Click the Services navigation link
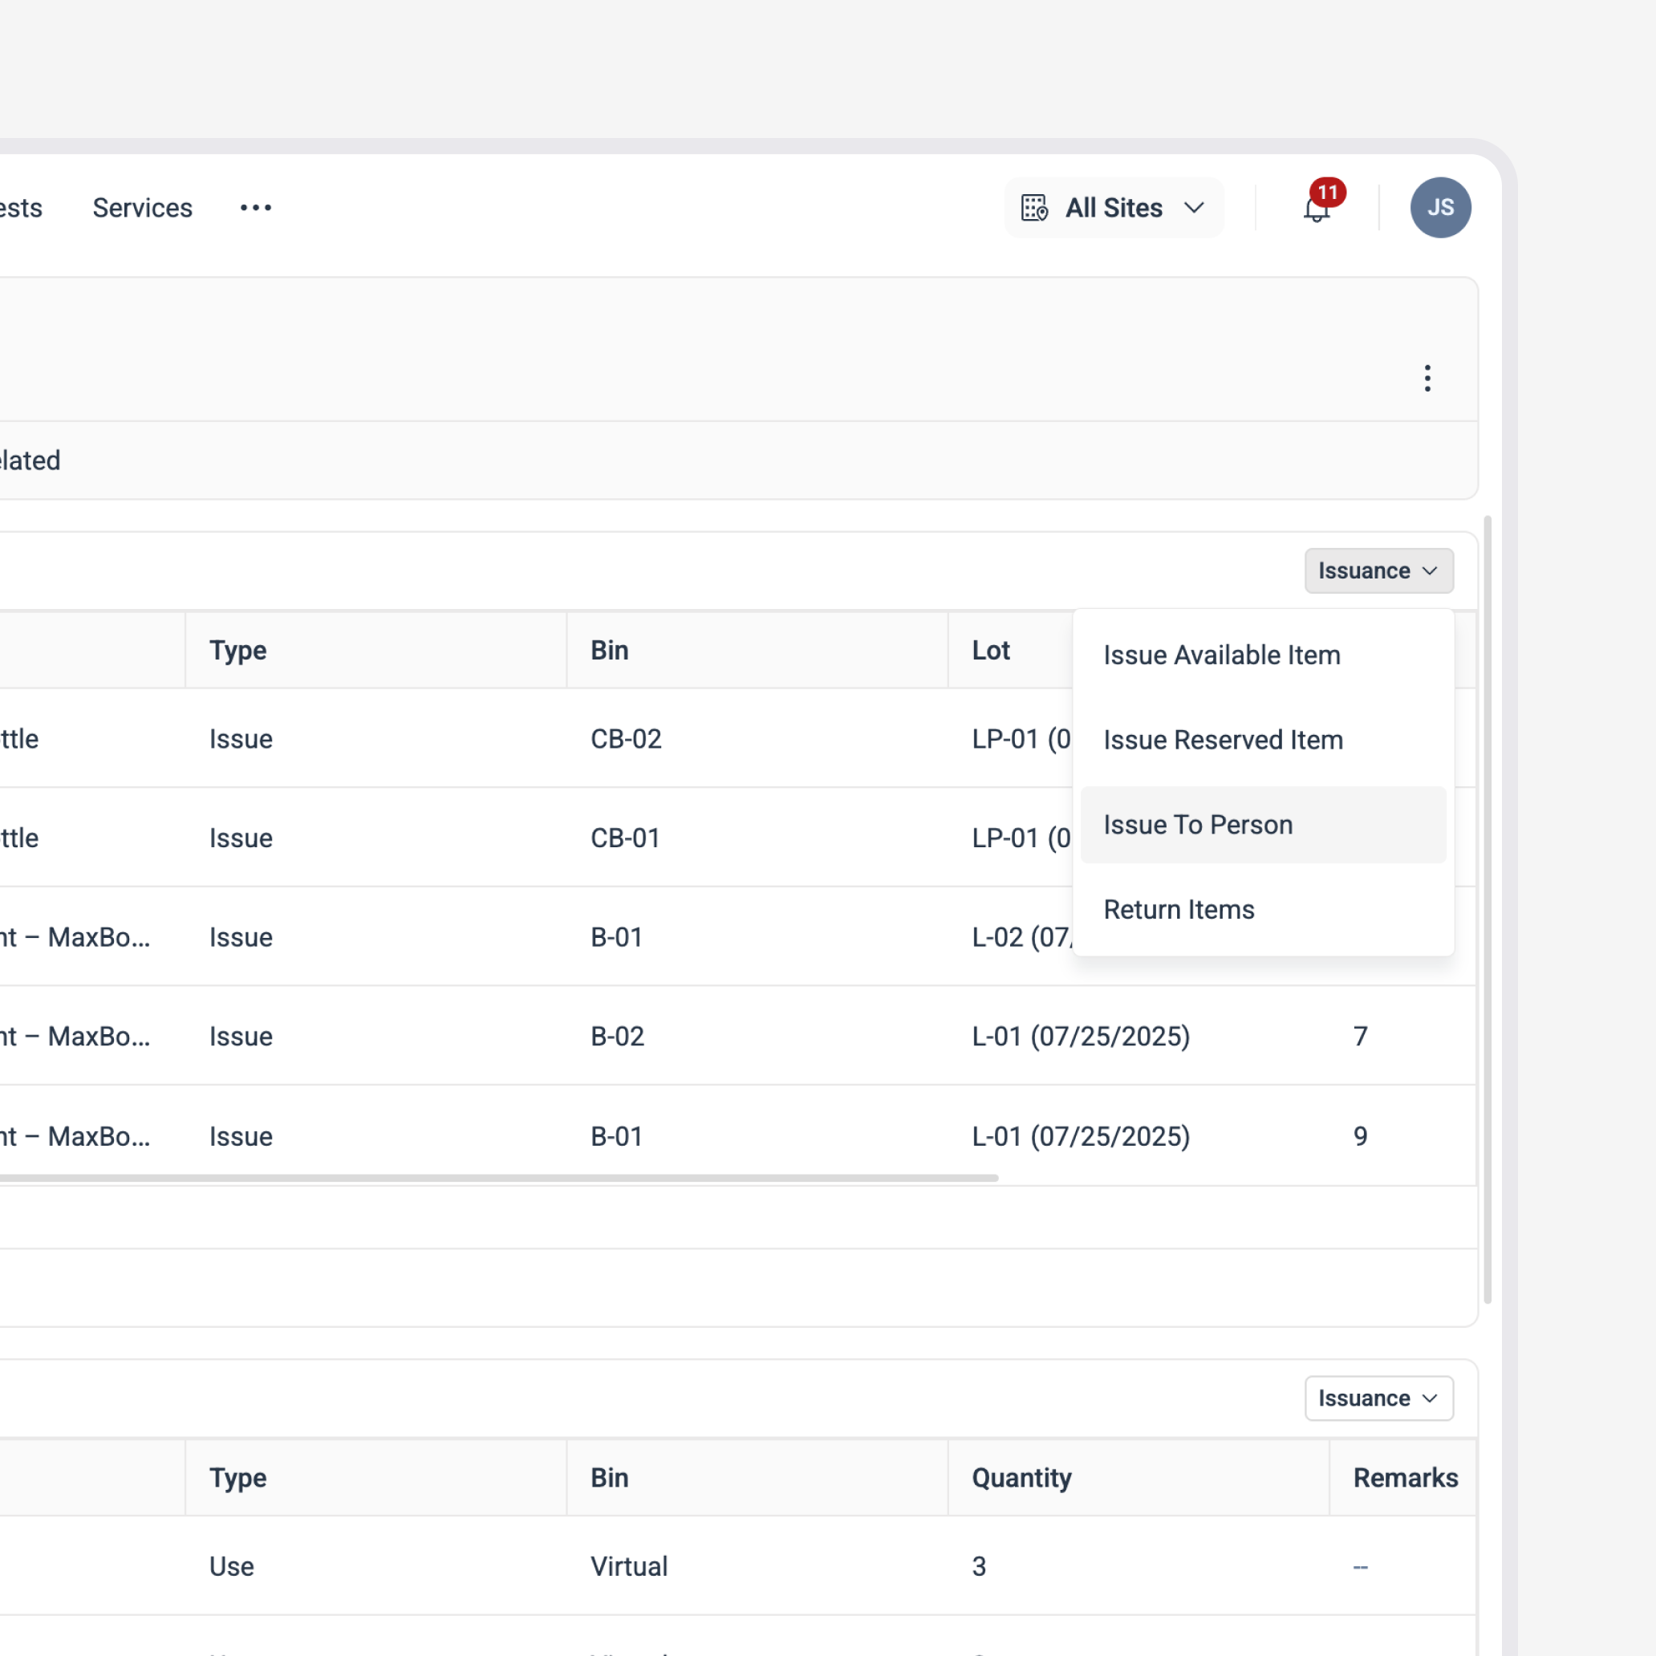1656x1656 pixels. [142, 209]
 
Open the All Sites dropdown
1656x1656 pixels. [1113, 209]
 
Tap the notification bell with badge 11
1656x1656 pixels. [1317, 209]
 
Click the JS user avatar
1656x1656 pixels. [1440, 208]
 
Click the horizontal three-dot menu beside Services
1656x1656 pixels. [255, 209]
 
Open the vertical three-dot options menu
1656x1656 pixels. [1427, 378]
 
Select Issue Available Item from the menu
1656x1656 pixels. [1221, 655]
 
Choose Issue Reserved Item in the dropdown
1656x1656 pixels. [1222, 740]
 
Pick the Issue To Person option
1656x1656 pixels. [1197, 825]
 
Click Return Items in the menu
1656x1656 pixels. [1179, 909]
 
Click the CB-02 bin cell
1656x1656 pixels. [626, 739]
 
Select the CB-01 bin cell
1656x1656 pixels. [625, 838]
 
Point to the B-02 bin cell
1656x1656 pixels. [617, 1037]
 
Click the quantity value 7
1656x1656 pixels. [1360, 1037]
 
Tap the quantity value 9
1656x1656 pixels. [1360, 1137]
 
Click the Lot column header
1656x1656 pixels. [991, 651]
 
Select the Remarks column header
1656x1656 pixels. [1405, 1478]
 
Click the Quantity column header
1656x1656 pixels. [1021, 1478]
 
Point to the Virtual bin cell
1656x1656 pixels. [628, 1566]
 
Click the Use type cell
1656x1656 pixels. [231, 1566]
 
